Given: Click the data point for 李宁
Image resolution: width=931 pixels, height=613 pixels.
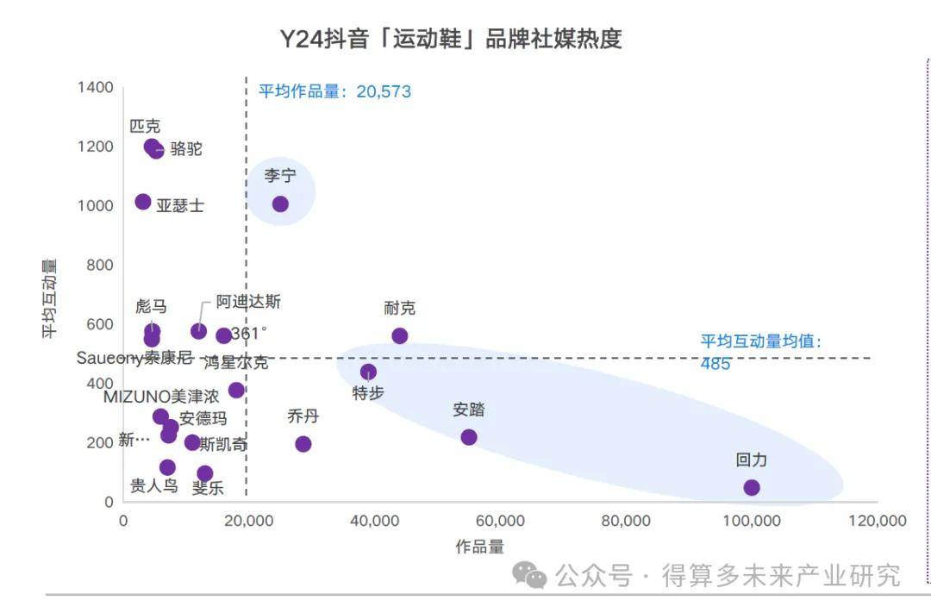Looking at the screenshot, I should click(280, 204).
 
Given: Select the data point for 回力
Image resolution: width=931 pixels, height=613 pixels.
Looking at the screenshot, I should click(752, 488).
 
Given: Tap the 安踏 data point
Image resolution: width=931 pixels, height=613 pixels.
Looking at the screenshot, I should click(469, 437).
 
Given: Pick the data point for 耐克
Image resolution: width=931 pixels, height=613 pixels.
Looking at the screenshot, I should click(399, 336).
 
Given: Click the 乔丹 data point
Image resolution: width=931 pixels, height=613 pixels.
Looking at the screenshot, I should click(303, 444).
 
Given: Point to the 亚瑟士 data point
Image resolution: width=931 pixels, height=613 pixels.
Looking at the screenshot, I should click(143, 202).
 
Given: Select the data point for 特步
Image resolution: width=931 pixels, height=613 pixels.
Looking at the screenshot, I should click(368, 372).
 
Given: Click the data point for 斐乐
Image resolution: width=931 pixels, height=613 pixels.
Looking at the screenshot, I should click(204, 473).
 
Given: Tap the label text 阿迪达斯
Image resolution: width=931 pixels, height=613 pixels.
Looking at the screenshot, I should click(248, 302).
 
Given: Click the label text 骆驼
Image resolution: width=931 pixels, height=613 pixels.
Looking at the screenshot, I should click(186, 148).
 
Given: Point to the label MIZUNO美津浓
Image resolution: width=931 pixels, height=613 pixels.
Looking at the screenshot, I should click(161, 397).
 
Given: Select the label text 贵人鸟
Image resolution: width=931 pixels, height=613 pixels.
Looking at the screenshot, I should click(154, 485).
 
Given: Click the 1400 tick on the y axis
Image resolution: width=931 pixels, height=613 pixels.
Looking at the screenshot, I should click(95, 87).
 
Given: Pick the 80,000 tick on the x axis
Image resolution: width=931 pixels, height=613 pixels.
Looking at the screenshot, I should click(625, 521).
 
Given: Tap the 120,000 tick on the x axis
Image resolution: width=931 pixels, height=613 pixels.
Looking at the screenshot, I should click(876, 521).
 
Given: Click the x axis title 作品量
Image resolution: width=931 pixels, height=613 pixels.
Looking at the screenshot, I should click(479, 547).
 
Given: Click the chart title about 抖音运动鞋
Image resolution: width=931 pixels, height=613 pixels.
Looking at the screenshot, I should click(450, 40).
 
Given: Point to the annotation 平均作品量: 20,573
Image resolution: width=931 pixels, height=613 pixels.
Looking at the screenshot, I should click(334, 91).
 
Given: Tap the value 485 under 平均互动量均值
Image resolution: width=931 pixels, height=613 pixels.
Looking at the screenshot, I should click(715, 364).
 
